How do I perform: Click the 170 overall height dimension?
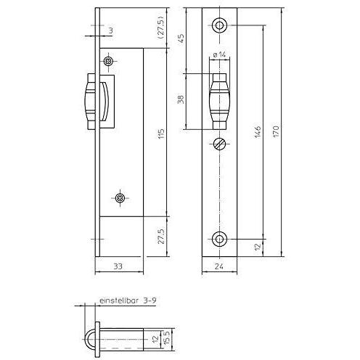[x=276, y=131]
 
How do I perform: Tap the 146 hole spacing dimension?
[x=258, y=132]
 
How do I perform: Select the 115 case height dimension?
[x=161, y=134]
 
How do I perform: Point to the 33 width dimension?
[x=118, y=266]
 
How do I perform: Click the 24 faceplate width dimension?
[x=219, y=266]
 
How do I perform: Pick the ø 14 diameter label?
[x=219, y=54]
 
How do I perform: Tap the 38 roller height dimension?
[x=181, y=99]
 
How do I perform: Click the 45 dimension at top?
[x=181, y=38]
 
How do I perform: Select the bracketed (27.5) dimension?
[x=161, y=28]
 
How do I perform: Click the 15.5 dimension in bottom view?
[x=167, y=339]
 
